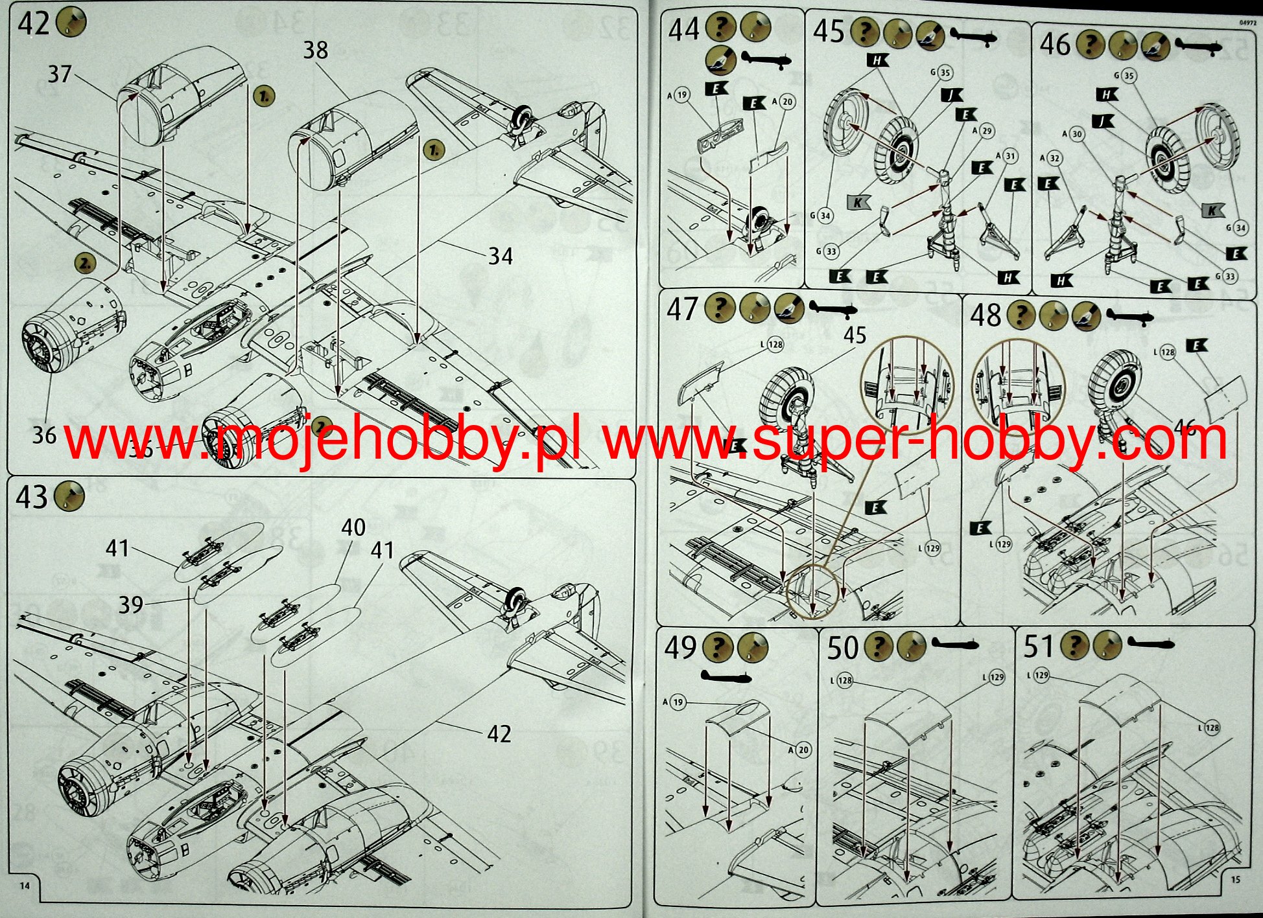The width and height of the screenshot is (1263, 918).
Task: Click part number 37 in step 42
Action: [59, 74]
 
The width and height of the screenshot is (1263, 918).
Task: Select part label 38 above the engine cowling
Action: [316, 50]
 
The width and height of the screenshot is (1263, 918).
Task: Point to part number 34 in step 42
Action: [500, 257]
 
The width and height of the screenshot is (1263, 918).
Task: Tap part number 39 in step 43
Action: [130, 604]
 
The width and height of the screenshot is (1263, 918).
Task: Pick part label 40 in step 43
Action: [353, 527]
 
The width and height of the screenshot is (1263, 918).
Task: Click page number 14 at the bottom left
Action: [25, 886]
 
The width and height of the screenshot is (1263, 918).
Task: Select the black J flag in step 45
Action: [951, 95]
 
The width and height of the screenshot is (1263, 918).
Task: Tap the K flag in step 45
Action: [858, 202]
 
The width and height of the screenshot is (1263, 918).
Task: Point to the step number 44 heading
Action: [684, 30]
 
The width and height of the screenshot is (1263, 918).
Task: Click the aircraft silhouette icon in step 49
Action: [726, 678]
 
